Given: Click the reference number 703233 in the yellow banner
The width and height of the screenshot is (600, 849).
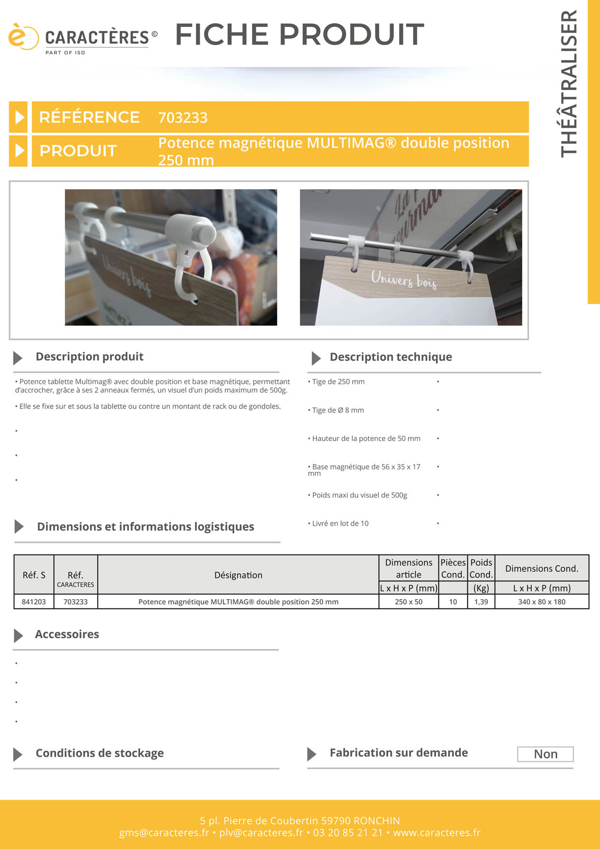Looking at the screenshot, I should [x=183, y=118].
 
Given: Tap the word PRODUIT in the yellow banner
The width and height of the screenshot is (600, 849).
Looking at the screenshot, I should [x=78, y=151].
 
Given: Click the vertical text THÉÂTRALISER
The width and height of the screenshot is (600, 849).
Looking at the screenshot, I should [x=569, y=83].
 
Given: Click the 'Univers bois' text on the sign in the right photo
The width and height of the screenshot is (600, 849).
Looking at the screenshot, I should [x=404, y=279].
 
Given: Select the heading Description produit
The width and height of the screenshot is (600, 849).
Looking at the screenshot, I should [x=90, y=357].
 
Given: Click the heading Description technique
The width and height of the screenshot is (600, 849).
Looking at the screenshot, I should [x=390, y=357].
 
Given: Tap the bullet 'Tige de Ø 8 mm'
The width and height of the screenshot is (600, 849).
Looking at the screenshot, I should [x=338, y=410].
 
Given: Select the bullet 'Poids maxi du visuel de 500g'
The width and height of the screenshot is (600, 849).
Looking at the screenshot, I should [x=359, y=495].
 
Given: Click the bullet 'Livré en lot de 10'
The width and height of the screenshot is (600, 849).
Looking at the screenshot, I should [x=340, y=524].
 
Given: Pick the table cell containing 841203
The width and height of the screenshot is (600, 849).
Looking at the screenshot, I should [x=34, y=602].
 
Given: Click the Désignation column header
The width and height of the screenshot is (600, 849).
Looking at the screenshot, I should [x=238, y=575].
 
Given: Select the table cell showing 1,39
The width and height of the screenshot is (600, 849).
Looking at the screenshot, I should [x=481, y=602].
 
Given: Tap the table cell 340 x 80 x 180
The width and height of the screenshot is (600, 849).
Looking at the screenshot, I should [x=541, y=602].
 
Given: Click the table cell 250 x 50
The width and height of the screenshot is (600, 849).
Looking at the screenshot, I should [x=408, y=602].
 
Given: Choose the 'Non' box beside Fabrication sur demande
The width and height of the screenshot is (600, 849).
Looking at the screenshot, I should [x=545, y=754].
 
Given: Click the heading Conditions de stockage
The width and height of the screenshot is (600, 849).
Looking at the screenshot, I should [x=100, y=753].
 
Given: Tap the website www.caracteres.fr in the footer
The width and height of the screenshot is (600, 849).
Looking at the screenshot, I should [x=436, y=833].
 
